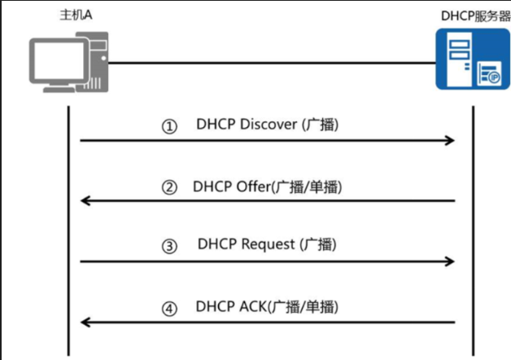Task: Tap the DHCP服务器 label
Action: tap(468, 15)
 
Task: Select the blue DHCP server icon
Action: tap(466, 59)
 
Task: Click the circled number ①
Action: tap(169, 127)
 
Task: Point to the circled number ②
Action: tap(169, 187)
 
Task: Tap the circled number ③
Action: tap(169, 247)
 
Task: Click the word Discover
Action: tap(269, 125)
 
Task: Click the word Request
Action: tap(270, 245)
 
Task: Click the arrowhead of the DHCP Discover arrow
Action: tap(448, 141)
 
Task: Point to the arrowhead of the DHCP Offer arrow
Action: tap(85, 200)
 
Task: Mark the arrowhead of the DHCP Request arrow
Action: tap(448, 261)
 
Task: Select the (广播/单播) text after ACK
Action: tap(308, 307)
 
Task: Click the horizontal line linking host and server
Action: tap(269, 63)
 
